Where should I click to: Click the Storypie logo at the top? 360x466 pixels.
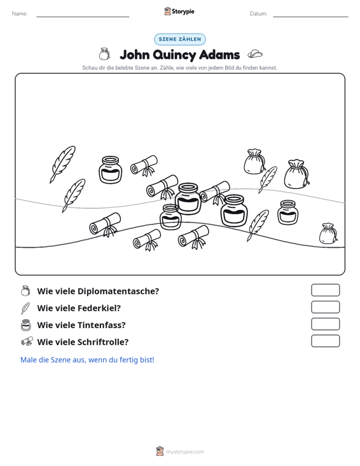click(x=179, y=11)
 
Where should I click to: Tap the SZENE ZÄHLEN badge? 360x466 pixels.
click(x=180, y=39)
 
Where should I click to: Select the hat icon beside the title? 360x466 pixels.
click(x=255, y=54)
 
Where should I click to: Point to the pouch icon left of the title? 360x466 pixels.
click(x=104, y=54)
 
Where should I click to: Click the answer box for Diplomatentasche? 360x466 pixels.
click(x=325, y=290)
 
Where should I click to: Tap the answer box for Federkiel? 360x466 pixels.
click(x=325, y=307)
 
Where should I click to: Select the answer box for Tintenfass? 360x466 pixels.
click(x=325, y=324)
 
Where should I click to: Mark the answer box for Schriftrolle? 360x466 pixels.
click(x=325, y=341)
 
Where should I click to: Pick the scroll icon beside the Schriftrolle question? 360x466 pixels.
click(x=27, y=341)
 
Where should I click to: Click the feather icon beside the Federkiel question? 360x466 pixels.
click(x=25, y=308)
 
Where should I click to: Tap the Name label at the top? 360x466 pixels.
click(x=20, y=14)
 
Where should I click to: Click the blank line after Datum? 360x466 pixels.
click(x=310, y=17)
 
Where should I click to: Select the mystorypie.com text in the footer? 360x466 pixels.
click(x=185, y=452)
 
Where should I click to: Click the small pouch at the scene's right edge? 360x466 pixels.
click(x=328, y=233)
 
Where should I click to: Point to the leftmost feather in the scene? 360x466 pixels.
click(x=62, y=164)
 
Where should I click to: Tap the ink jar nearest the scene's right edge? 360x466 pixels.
click(x=287, y=212)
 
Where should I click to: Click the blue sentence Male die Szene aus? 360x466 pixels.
click(x=87, y=360)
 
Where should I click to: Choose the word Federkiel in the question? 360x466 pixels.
click(x=99, y=308)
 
